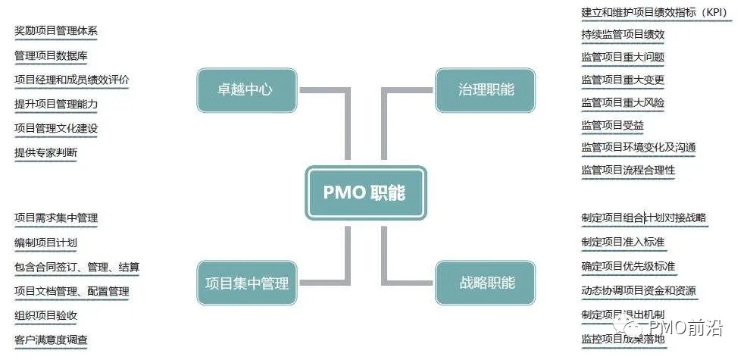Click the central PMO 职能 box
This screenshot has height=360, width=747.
click(365, 193)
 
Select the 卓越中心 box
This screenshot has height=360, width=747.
click(246, 90)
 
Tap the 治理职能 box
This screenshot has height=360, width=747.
click(486, 90)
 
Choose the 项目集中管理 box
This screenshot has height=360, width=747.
click(246, 283)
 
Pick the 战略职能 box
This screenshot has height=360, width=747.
click(486, 283)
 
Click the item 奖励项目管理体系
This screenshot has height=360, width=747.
click(56, 31)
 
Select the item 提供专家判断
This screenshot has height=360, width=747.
click(45, 152)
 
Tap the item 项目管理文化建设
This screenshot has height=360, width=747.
click(56, 128)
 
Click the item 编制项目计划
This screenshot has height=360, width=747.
click(45, 243)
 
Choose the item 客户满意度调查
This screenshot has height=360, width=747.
click(51, 339)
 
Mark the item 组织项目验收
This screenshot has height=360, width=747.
click(45, 315)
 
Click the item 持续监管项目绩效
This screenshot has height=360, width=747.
click(623, 34)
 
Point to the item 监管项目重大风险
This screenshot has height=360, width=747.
click(623, 102)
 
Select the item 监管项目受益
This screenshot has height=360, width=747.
click(612, 125)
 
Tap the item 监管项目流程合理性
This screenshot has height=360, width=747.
click(628, 170)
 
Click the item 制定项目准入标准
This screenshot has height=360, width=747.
click(623, 243)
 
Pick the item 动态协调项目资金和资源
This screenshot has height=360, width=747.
click(639, 290)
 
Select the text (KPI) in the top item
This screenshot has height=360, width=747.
click(714, 12)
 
